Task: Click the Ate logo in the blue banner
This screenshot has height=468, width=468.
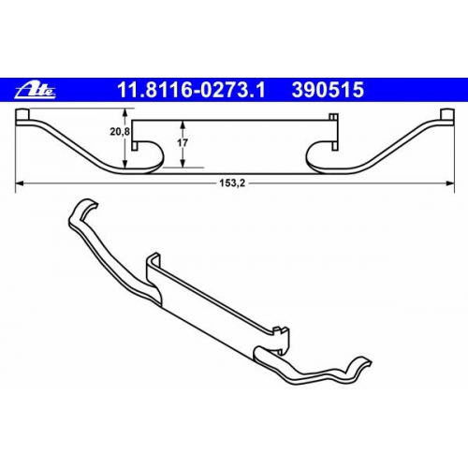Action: coord(36,91)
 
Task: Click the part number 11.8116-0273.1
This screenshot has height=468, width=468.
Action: coord(191,90)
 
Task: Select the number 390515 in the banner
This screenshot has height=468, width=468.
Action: coord(328,90)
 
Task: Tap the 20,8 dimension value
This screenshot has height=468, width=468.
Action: coord(120,132)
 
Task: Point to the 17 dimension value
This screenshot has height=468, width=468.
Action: coord(183,143)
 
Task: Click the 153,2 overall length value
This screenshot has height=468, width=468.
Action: coord(232,183)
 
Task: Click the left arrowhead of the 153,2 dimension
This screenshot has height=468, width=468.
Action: coord(20,183)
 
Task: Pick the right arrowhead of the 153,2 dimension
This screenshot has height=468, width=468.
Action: coord(450,183)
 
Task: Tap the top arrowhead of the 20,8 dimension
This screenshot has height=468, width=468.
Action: coord(124,112)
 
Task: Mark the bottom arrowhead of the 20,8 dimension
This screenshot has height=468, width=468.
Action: coord(124,164)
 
